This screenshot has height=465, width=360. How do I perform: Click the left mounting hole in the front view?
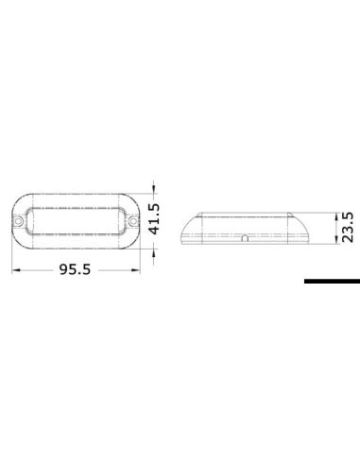tap(24, 223)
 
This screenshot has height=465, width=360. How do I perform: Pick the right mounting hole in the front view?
tap(133, 223)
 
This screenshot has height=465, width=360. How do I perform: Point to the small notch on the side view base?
tap(244, 241)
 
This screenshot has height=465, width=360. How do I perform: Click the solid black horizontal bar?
tap(332, 281)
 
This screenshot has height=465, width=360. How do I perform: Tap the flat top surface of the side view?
tap(244, 213)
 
